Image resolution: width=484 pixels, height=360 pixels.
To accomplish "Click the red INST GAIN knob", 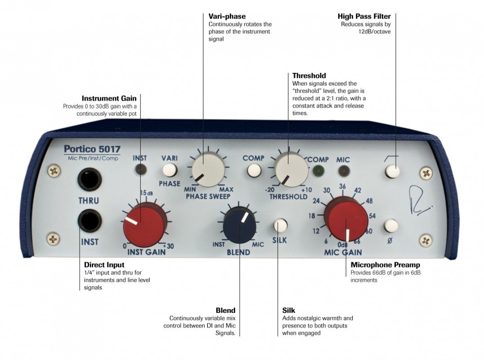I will (x=144, y=224).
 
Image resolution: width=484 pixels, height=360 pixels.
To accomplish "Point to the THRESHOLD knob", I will (x=291, y=170).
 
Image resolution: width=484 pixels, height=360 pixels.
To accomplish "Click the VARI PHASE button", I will (x=170, y=170).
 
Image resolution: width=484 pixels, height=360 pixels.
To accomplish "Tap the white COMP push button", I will (x=254, y=171).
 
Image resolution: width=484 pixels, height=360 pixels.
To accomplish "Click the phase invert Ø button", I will (x=391, y=225).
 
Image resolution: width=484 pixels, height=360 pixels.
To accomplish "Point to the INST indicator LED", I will (x=140, y=170).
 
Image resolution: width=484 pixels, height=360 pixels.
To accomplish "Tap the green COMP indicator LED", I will (x=318, y=171).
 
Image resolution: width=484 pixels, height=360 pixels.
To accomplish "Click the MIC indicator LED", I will (x=344, y=171).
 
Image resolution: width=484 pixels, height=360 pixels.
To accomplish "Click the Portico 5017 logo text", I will (x=92, y=149).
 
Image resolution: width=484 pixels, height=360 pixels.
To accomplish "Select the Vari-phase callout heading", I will (x=227, y=17).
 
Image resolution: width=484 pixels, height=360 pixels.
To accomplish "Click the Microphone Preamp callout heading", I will (x=385, y=265).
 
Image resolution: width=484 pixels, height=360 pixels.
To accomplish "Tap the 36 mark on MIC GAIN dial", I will (x=343, y=187).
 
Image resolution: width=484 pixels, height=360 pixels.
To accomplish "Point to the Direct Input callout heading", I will (x=104, y=265).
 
